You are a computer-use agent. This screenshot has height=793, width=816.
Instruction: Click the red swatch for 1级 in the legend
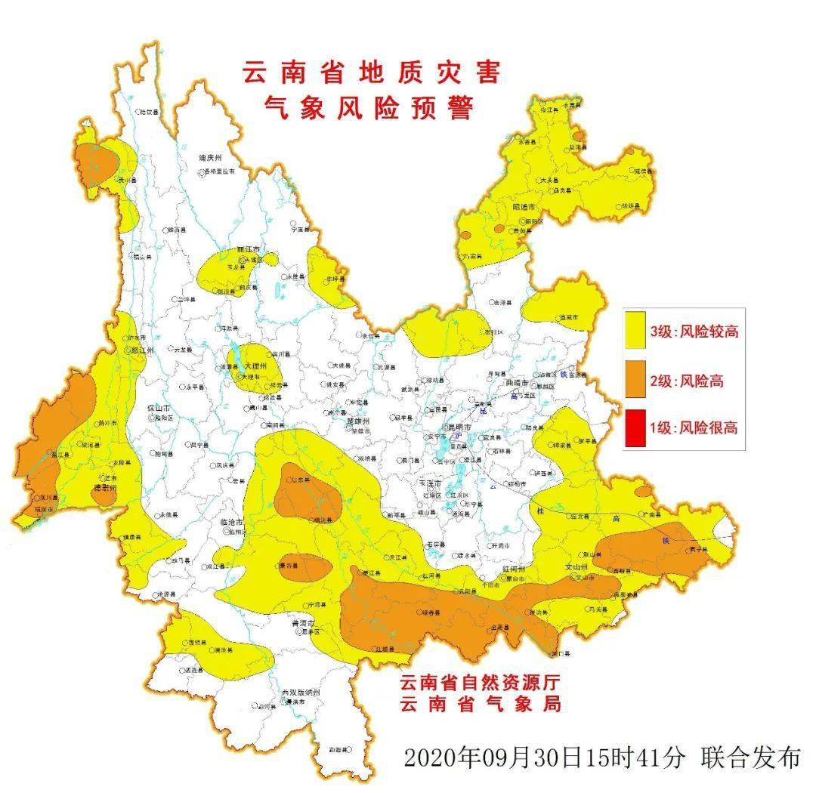click(637, 427)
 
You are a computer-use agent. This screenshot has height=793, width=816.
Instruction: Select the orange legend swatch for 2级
click(637, 381)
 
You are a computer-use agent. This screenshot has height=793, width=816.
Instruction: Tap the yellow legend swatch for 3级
click(637, 332)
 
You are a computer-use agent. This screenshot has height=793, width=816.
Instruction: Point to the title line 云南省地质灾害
click(371, 73)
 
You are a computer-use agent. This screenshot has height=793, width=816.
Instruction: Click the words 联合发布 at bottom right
click(750, 757)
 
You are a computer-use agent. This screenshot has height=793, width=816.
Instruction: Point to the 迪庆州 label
click(210, 158)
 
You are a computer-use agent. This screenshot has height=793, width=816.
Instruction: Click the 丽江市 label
click(248, 248)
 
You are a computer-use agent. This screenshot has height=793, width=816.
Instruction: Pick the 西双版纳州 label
click(301, 693)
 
